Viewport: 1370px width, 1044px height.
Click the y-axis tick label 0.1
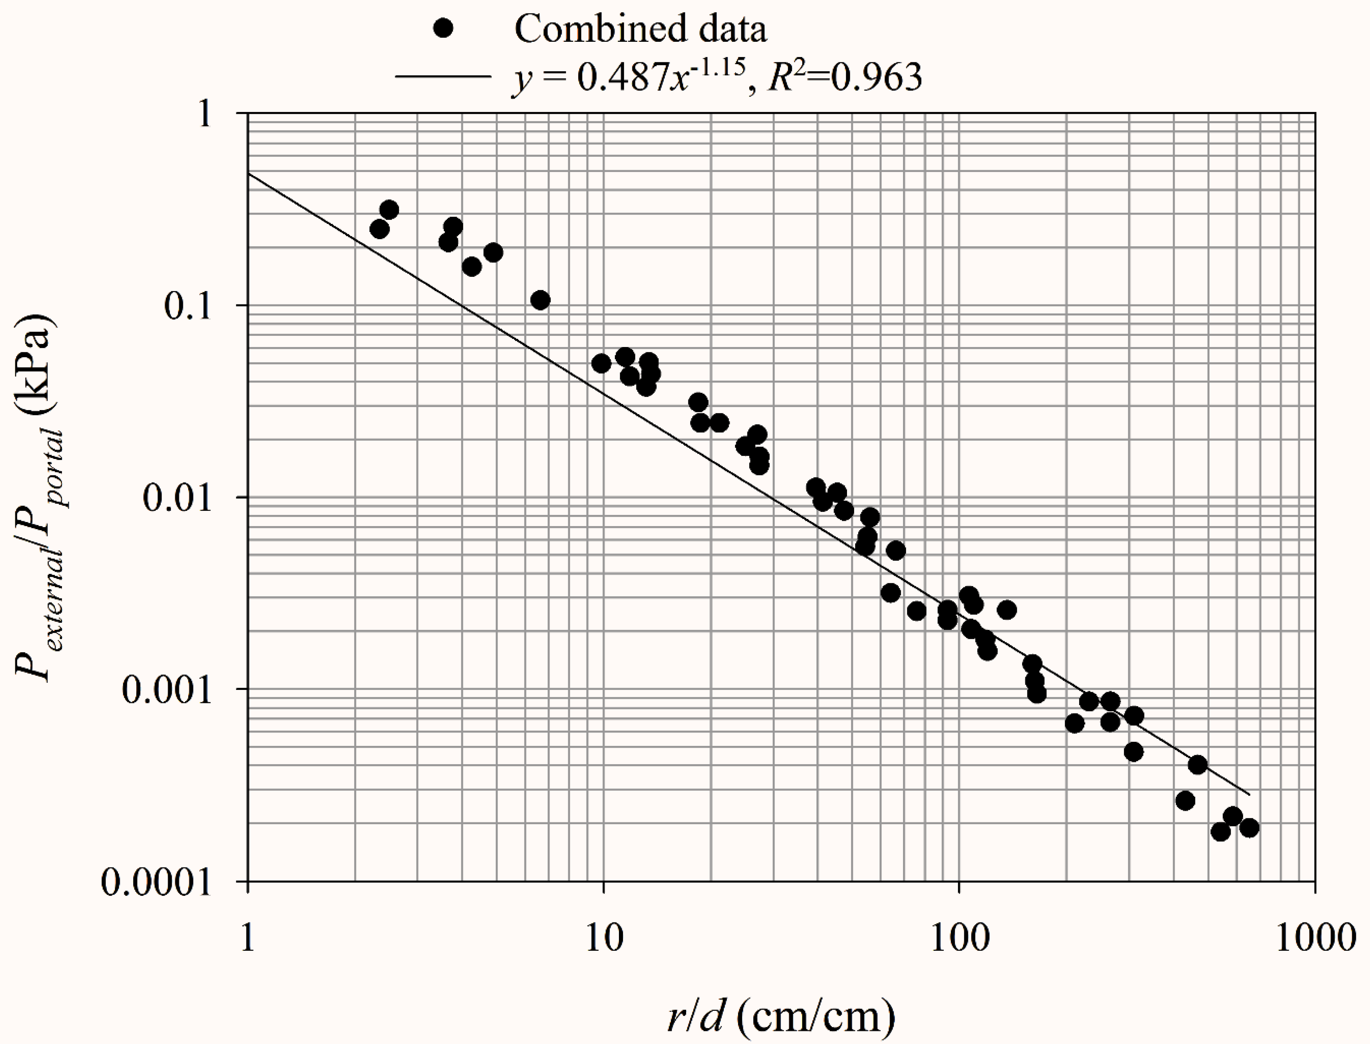188,306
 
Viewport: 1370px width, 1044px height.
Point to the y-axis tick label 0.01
177,498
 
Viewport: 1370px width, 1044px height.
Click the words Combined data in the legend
640,29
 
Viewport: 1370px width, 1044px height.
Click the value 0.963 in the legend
877,77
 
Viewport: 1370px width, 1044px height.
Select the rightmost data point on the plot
1249,828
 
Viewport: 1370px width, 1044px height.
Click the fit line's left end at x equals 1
249,173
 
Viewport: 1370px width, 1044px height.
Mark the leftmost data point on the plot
379,229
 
